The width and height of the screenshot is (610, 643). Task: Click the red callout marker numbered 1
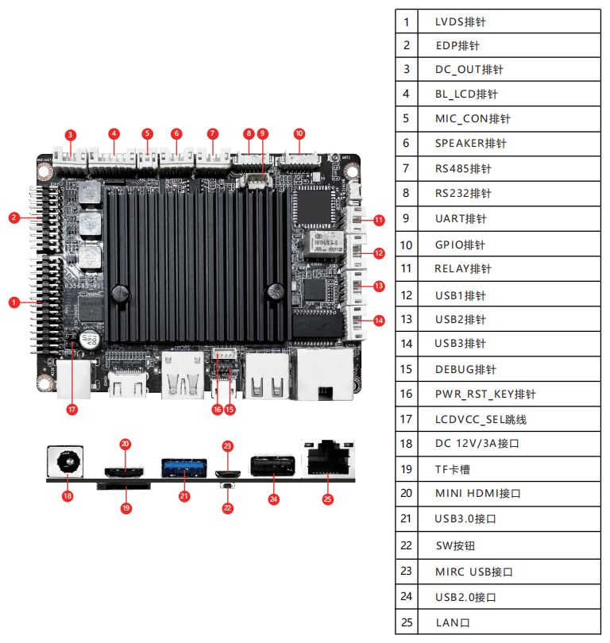[14, 302]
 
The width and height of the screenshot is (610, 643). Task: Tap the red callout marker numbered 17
[72, 410]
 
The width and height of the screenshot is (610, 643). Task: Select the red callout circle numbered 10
[299, 133]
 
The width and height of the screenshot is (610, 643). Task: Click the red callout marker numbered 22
[228, 508]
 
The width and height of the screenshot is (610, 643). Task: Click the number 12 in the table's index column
[407, 295]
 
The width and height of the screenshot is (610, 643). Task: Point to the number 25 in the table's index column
[407, 622]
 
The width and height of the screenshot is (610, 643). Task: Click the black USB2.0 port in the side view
[274, 465]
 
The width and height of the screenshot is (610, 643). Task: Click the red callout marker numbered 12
[379, 253]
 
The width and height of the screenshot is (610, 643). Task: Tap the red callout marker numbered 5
[147, 133]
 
